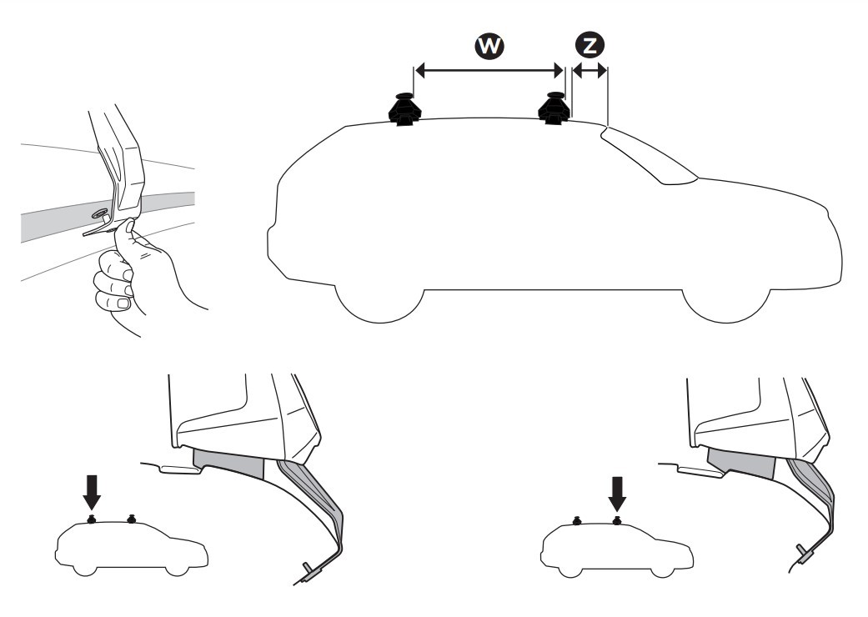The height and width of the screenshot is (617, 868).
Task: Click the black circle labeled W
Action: pyautogui.click(x=489, y=47)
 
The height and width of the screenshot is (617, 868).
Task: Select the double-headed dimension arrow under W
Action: pyautogui.click(x=489, y=72)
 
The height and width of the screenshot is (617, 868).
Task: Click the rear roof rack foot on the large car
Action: pyautogui.click(x=403, y=109)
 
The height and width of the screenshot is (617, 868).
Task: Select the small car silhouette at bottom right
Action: pyautogui.click(x=616, y=547)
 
